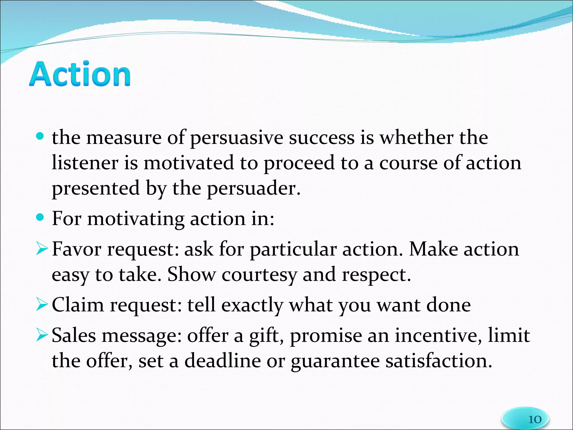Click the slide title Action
pyautogui.click(x=80, y=74)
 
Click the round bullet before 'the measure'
pyautogui.click(x=40, y=136)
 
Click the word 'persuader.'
pyautogui.click(x=253, y=189)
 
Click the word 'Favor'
pyautogui.click(x=76, y=249)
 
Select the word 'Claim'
pyautogui.click(x=78, y=305)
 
